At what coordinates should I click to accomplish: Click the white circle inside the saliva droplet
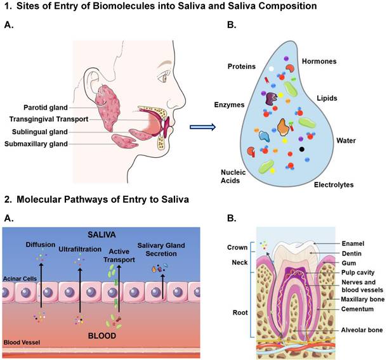point(272,67)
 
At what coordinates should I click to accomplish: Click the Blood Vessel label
point(22,343)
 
